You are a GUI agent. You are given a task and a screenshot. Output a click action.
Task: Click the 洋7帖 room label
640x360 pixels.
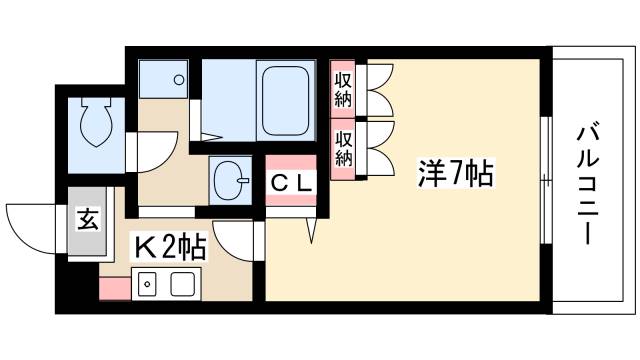455,174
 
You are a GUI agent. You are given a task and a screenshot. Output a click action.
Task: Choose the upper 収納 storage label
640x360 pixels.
343,87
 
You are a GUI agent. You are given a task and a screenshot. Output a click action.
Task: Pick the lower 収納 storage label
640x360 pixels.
343,148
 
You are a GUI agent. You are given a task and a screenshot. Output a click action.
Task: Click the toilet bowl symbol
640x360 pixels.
98,126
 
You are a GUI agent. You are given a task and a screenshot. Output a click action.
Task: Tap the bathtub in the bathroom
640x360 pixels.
286,100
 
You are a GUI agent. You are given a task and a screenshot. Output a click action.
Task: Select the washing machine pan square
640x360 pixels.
162,78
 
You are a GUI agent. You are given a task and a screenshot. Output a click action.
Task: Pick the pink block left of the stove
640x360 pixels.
114,287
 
